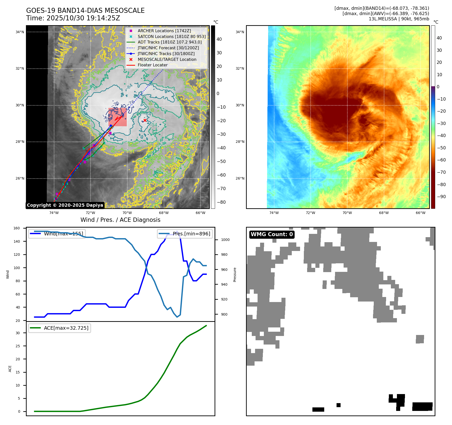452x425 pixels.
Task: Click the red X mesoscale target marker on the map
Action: pos(145,120)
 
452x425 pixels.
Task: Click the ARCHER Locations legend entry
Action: pos(164,31)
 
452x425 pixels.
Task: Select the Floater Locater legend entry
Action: pos(152,65)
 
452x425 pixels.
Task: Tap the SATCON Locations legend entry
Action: pos(172,36)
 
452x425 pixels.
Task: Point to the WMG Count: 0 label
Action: pos(272,234)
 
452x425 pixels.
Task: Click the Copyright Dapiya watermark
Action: pos(65,205)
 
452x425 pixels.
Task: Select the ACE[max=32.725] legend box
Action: pos(60,328)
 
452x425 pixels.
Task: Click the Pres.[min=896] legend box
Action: pos(185,234)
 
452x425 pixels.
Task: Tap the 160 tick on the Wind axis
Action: pos(17,228)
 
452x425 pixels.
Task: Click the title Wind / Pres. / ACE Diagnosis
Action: pos(120,220)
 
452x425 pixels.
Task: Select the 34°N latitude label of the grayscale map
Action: pos(20,32)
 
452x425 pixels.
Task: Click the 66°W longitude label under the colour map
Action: pos(420,213)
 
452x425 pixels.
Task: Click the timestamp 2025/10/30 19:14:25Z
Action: pos(83,18)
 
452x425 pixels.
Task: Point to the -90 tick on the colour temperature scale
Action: pos(441,197)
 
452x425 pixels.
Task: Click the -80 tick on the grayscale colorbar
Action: pos(221,202)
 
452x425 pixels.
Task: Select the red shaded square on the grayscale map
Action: pos(117,117)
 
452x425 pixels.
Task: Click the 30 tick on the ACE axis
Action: pos(18,333)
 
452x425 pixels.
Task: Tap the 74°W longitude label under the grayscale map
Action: pos(54,213)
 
